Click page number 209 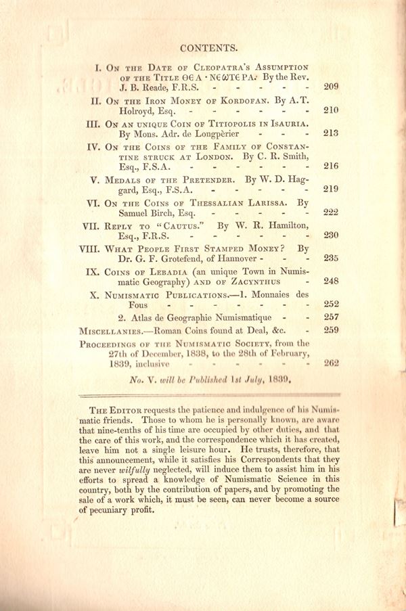coord(331,87)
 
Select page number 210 coord(331,110)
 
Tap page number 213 coord(331,133)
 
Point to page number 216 coord(331,166)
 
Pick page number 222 coord(331,212)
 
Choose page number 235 coord(331,258)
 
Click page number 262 coord(331,363)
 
